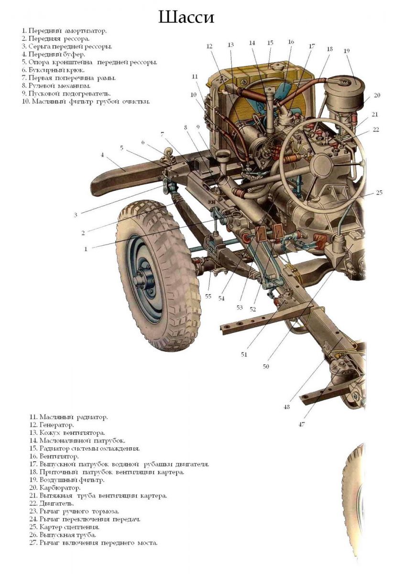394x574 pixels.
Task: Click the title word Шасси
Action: [x=186, y=18]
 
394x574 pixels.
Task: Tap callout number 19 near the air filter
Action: [x=347, y=50]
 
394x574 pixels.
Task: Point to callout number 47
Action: [x=302, y=424]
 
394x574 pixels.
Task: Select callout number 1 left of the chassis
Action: [x=86, y=249]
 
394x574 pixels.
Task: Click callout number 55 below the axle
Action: [x=208, y=297]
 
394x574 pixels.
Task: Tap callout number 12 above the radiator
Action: [x=209, y=46]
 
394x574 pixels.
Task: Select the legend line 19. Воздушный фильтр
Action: [x=66, y=480]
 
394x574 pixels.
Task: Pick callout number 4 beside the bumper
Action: [x=102, y=155]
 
